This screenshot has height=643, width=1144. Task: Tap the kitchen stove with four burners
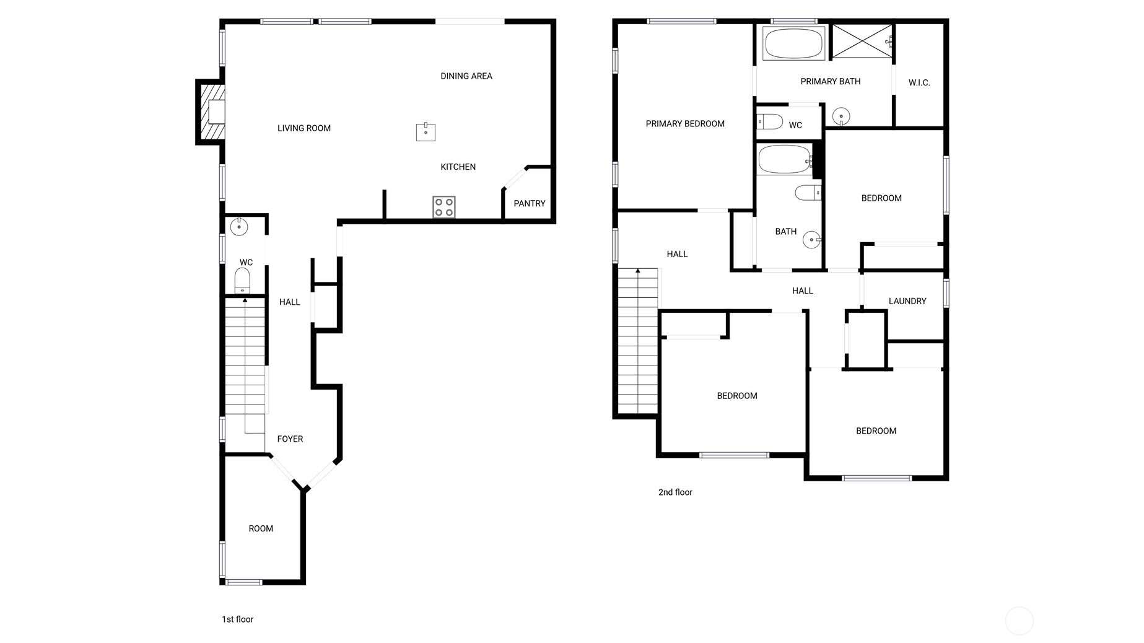pos(443,207)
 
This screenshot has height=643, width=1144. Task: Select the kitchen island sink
pos(426,132)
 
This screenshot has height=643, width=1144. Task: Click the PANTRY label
pos(529,203)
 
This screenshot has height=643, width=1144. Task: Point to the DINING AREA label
pos(466,76)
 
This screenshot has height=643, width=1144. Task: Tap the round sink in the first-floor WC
pos(239,227)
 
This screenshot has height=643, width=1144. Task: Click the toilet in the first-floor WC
pos(242,280)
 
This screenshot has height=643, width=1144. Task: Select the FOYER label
pos(290,439)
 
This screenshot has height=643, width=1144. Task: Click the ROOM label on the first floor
pos(261,528)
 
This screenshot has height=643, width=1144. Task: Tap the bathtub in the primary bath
pos(793,43)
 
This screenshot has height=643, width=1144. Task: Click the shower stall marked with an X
pos(861,42)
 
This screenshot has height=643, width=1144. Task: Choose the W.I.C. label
pos(919,82)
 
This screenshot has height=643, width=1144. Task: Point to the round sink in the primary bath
pos(841,116)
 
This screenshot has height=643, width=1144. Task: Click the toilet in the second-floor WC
pos(770,121)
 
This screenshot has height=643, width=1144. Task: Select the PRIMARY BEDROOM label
pos(685,124)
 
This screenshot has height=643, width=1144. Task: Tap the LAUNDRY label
pos(907,301)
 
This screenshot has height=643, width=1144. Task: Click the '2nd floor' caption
pos(675,492)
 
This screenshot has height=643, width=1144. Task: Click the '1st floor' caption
pos(238,619)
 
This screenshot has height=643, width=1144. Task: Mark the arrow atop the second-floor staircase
pos(637,271)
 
